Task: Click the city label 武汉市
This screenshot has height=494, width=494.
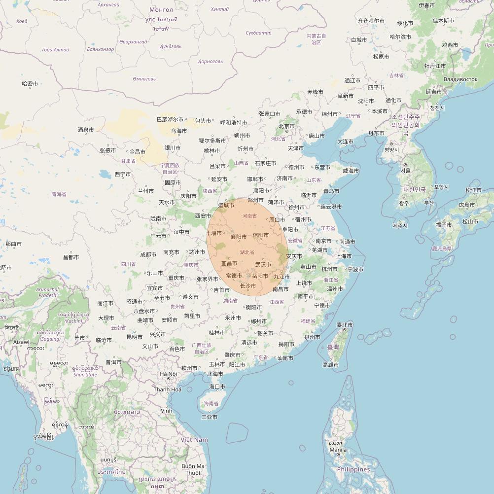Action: [x=263, y=265]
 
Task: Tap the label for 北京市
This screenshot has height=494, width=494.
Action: [x=286, y=126]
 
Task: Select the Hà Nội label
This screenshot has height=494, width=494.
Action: [x=168, y=374]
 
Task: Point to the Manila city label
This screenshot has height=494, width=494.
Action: [x=338, y=450]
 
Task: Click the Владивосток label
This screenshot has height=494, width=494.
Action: [x=460, y=79]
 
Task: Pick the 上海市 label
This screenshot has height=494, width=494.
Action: [x=343, y=256]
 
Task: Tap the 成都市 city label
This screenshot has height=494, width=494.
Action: [x=148, y=255]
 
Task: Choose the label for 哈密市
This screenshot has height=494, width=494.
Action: [x=30, y=84]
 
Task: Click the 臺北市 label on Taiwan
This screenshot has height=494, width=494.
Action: [x=345, y=325]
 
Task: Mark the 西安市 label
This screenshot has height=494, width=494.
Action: [x=203, y=216]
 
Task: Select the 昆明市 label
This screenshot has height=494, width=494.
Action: [x=135, y=337]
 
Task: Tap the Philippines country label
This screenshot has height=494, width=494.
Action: [x=353, y=469]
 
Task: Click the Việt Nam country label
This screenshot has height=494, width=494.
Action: [x=194, y=440]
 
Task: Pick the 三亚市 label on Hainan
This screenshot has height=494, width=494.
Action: [x=209, y=417]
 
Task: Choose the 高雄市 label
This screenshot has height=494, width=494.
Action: [x=330, y=365]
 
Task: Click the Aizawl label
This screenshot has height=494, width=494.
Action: [x=21, y=342]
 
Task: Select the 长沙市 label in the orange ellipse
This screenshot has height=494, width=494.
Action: [x=247, y=286]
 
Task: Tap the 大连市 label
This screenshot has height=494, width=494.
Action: [x=345, y=142]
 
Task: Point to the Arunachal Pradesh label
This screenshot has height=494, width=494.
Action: [x=48, y=292]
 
